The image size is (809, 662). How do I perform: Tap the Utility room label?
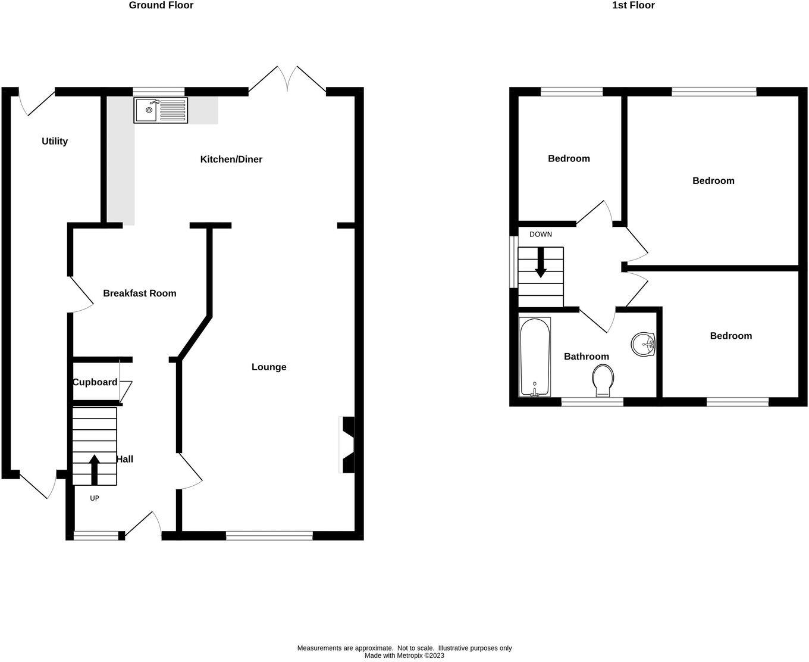55,141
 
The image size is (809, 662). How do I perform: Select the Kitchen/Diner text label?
231,159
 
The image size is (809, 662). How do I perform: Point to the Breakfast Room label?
139,293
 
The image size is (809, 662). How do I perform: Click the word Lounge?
269,367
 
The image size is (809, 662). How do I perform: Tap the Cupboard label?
95,382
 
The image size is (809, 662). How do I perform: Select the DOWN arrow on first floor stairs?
540,263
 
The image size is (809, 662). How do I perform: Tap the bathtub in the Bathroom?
535,357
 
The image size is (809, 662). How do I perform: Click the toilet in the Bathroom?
603,380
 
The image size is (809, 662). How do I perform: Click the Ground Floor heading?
161,5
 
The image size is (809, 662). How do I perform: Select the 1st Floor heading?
633,5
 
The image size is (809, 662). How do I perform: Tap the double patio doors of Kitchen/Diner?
287,80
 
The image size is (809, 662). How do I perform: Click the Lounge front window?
269,536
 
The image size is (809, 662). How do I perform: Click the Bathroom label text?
586,357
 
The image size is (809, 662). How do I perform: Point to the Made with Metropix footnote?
404,655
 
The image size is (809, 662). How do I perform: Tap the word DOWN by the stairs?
540,235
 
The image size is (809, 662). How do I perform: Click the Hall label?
125,459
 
